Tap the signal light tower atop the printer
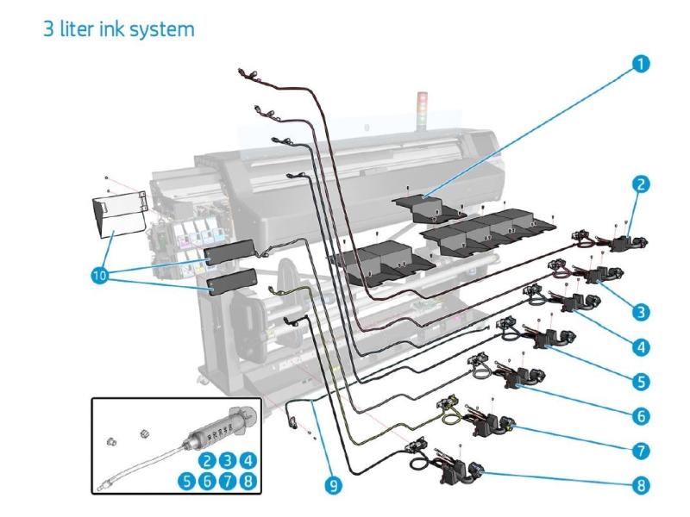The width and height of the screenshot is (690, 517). click(422, 102)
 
